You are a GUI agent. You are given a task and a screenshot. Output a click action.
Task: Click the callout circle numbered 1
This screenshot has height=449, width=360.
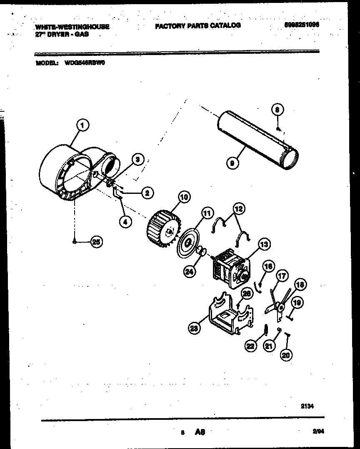pos(82,124)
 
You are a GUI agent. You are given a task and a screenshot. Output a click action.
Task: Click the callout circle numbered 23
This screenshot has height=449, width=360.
pos(193,328)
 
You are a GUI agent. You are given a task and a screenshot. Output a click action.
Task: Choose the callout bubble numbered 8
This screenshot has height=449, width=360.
pos(278,110)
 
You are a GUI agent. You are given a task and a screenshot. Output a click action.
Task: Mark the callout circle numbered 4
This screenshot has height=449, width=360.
pos(125,222)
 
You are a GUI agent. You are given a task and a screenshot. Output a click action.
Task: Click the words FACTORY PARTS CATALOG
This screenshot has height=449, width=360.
pos(197,25)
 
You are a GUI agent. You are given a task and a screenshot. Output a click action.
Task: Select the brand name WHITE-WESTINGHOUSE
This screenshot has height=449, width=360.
pos(72,27)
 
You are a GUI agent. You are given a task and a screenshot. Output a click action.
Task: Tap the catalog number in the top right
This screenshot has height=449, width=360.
pos(302,25)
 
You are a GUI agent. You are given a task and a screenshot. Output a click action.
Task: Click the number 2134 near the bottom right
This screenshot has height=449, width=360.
pos(306,405)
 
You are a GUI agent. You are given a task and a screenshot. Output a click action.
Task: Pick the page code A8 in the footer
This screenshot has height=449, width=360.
pos(200,433)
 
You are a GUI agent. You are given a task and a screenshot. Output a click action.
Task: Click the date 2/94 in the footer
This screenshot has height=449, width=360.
pos(318,432)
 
